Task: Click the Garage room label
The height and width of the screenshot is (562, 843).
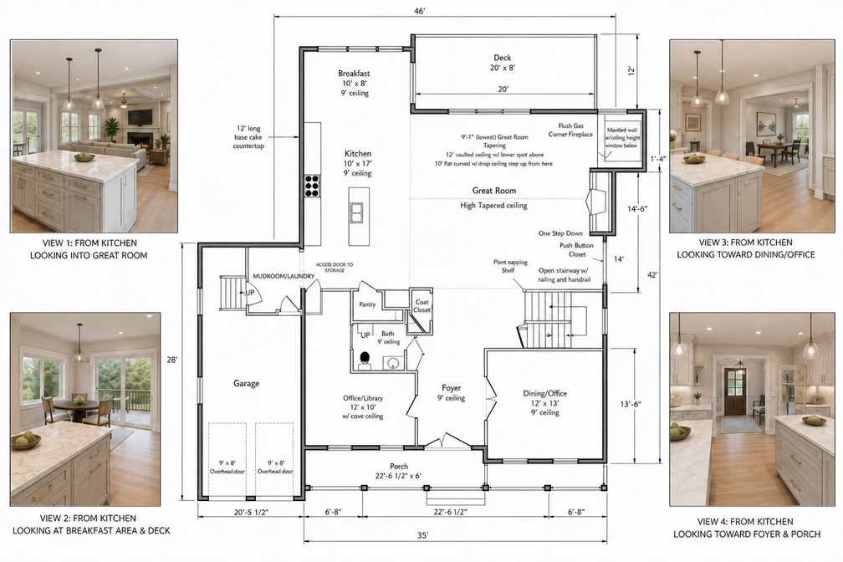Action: [246, 384]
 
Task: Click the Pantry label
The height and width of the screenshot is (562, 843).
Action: [367, 304]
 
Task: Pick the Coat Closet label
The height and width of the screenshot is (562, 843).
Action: [422, 306]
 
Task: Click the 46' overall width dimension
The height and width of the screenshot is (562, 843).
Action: [420, 12]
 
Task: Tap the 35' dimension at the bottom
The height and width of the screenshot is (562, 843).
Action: [422, 535]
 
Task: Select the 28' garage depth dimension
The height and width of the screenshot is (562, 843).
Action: [171, 360]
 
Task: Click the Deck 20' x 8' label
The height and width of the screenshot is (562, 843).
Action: [502, 63]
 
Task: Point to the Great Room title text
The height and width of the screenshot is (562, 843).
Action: [494, 191]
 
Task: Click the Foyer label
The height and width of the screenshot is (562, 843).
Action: [451, 388]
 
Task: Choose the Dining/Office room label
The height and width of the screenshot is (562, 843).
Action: [545, 393]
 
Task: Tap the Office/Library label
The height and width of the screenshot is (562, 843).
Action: [364, 398]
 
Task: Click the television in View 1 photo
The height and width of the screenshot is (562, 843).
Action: [140, 117]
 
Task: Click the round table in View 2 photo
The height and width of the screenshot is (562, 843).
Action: [76, 405]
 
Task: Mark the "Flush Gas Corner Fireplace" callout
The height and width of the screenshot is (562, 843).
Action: [570, 130]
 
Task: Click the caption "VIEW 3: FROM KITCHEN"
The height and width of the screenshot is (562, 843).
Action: [746, 243]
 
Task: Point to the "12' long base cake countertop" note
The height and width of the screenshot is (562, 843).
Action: [248, 137]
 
